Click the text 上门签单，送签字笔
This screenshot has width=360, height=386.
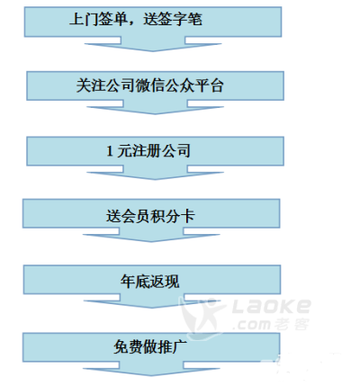[136, 20]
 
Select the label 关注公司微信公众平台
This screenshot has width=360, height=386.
[150, 85]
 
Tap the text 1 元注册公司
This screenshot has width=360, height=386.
[148, 150]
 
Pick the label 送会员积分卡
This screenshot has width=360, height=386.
[150, 216]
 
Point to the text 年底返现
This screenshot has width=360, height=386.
[150, 282]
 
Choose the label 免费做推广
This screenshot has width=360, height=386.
[150, 347]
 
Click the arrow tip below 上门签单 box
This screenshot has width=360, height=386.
[153, 51]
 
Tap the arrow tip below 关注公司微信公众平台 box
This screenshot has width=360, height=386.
[155, 114]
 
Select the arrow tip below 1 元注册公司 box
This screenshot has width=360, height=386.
[155, 179]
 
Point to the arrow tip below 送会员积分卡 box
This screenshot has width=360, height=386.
[151, 241]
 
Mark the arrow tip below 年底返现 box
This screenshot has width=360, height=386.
[152, 308]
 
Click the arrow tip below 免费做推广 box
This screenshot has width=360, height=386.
[151, 375]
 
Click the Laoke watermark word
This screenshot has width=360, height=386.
[272, 306]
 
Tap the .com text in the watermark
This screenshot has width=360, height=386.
[252, 325]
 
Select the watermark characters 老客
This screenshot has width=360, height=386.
[292, 324]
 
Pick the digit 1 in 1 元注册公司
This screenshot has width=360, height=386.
[110, 151]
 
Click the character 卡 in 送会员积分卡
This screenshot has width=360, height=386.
[188, 216]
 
